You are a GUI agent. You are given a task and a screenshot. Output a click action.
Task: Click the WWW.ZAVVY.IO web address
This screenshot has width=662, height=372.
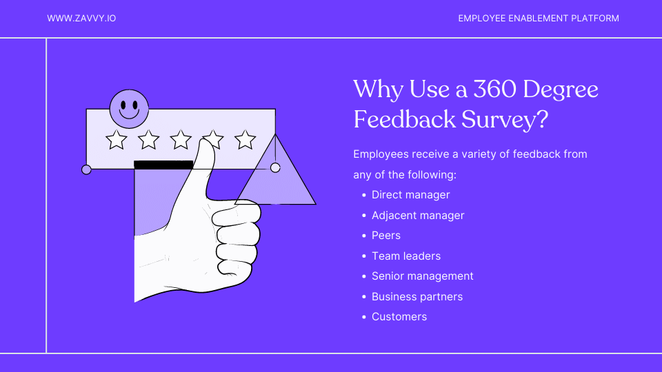tap(81, 19)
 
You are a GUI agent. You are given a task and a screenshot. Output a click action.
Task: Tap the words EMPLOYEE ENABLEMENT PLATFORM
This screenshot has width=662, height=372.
tap(539, 19)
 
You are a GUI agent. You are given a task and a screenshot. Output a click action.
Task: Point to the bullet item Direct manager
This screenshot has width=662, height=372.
tap(410, 195)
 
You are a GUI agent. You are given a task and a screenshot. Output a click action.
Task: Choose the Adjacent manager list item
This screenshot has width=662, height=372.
tap(418, 216)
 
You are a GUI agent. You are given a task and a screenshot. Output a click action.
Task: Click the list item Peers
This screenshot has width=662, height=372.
tap(386, 236)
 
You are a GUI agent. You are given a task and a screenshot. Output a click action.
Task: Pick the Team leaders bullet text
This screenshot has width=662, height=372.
tap(406, 256)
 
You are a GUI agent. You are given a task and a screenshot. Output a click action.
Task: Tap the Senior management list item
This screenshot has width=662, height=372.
tap(422, 276)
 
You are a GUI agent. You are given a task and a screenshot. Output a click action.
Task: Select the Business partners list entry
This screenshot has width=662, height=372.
tap(417, 297)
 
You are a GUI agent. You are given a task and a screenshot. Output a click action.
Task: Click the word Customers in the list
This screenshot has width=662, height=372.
tap(399, 317)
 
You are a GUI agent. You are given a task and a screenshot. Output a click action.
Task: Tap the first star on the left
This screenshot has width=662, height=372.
tap(117, 140)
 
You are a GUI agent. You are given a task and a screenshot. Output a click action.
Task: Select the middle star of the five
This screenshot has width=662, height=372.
tap(181, 140)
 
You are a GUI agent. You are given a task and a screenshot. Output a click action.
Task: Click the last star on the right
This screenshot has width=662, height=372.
tap(245, 140)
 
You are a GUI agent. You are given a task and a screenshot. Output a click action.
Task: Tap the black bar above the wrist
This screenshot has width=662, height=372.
tap(163, 165)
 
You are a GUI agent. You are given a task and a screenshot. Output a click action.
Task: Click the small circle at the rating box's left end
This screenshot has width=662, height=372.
tap(86, 169)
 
